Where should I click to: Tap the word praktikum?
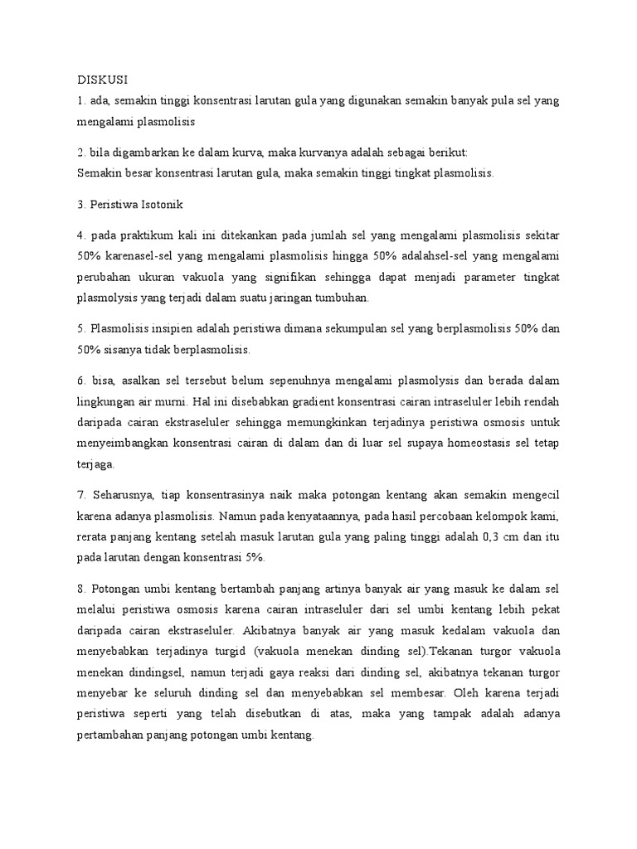click(x=136, y=233)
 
